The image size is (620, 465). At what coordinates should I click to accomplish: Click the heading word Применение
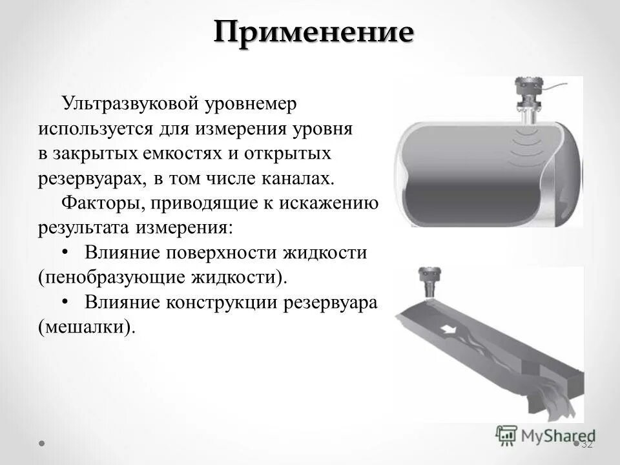[313, 32]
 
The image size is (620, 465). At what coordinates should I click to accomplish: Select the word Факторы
[103, 203]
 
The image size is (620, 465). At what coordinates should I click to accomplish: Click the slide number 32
[587, 444]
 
